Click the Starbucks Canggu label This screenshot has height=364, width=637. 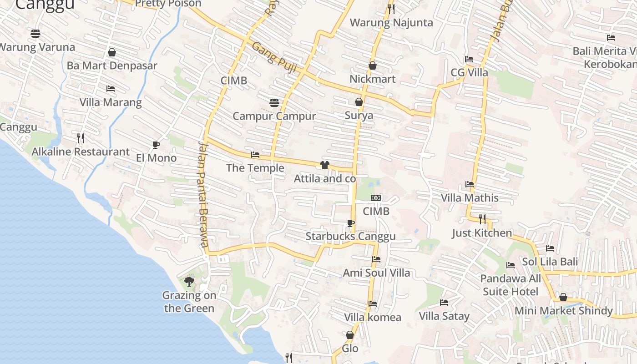[350, 237]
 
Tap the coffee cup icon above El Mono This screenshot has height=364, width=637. [156, 145]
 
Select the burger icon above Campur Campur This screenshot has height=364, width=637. [274, 102]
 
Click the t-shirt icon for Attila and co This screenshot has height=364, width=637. [324, 165]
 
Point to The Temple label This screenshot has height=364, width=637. [255, 168]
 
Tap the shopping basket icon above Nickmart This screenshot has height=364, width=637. [373, 66]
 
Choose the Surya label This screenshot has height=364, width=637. [359, 115]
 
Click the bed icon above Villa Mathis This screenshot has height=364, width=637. [470, 184]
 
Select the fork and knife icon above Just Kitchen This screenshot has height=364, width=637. [482, 219]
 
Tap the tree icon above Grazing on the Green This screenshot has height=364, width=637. [189, 282]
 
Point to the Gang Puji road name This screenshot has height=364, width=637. [274, 57]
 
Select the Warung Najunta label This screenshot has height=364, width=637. [391, 22]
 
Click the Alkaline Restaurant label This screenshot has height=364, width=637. [81, 152]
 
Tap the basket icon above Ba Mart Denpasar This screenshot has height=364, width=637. [112, 52]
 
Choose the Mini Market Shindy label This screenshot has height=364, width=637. [563, 311]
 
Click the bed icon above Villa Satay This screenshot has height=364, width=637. [444, 302]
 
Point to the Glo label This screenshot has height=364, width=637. [350, 349]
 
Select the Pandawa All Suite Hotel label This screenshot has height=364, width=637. [511, 285]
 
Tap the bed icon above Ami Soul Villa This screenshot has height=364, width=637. [376, 259]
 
